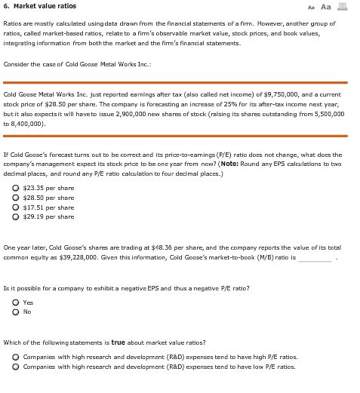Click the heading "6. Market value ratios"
coord(39,6)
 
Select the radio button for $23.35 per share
coord(17,187)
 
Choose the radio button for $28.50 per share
coord(17,197)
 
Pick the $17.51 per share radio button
coord(17,207)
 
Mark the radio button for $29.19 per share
coord(17,216)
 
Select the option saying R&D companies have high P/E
coord(17,357)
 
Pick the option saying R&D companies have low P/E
coord(17,367)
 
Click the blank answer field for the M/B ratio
coord(315,257)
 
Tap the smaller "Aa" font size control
coord(311,7)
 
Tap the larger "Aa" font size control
coord(326,7)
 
